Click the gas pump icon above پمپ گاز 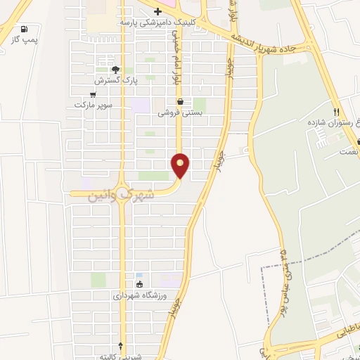(x=25, y=30)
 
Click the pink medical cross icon (x=157, y=11)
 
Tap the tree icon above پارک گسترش (x=116, y=70)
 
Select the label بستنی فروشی (x=180, y=112)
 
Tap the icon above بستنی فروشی (x=180, y=101)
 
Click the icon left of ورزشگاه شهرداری (x=139, y=284)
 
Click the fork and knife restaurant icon (x=337, y=111)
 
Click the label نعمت (x=348, y=150)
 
